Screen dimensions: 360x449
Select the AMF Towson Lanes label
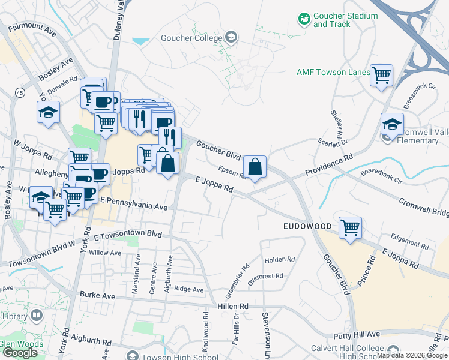pos(333,72)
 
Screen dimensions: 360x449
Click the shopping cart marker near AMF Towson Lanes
pos(381,76)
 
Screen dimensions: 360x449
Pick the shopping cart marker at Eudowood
pos(350,228)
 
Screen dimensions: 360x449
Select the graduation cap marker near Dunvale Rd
pos(48,112)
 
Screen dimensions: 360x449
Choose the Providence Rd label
pos(328,164)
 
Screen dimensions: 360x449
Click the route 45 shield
pos(20,93)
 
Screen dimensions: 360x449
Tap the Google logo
pos(20,352)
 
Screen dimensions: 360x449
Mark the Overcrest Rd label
pos(265,277)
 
